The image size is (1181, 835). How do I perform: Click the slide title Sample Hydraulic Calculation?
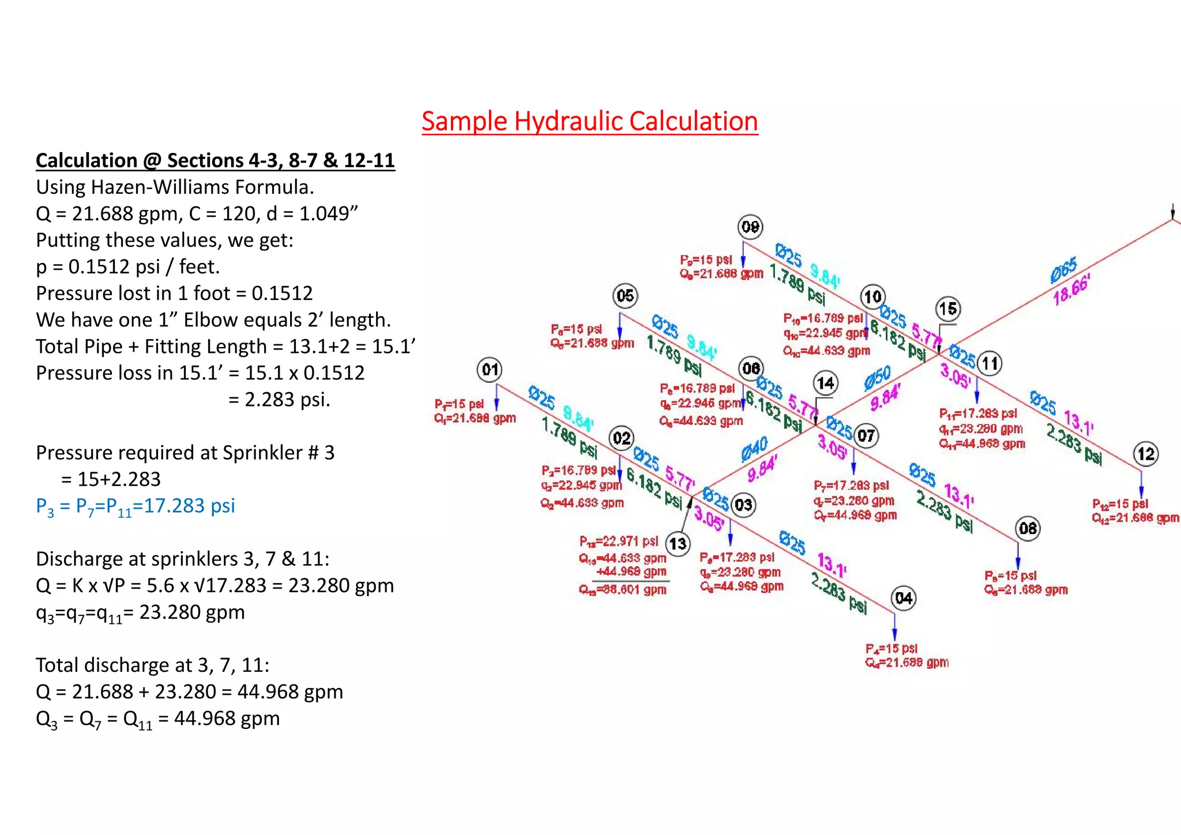click(589, 122)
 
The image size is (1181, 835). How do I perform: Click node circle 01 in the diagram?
click(490, 370)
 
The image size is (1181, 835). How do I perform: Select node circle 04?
click(904, 598)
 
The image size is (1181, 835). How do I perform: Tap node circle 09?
click(750, 227)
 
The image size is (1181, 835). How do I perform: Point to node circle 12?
click(1146, 454)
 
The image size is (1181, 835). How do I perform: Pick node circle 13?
click(678, 544)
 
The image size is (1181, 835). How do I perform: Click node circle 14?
click(825, 383)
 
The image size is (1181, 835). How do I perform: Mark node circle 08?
click(1028, 528)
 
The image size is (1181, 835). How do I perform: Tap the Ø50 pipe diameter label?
click(878, 378)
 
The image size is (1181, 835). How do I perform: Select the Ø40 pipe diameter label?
click(754, 449)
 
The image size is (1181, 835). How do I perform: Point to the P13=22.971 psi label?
click(619, 541)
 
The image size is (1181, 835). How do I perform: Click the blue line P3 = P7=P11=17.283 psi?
click(136, 506)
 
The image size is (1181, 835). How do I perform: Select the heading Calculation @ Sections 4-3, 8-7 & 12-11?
click(215, 160)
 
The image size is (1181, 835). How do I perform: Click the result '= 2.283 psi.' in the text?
click(280, 400)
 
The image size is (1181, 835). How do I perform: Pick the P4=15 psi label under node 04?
click(891, 649)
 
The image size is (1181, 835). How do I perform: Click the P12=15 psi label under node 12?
click(1120, 504)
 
